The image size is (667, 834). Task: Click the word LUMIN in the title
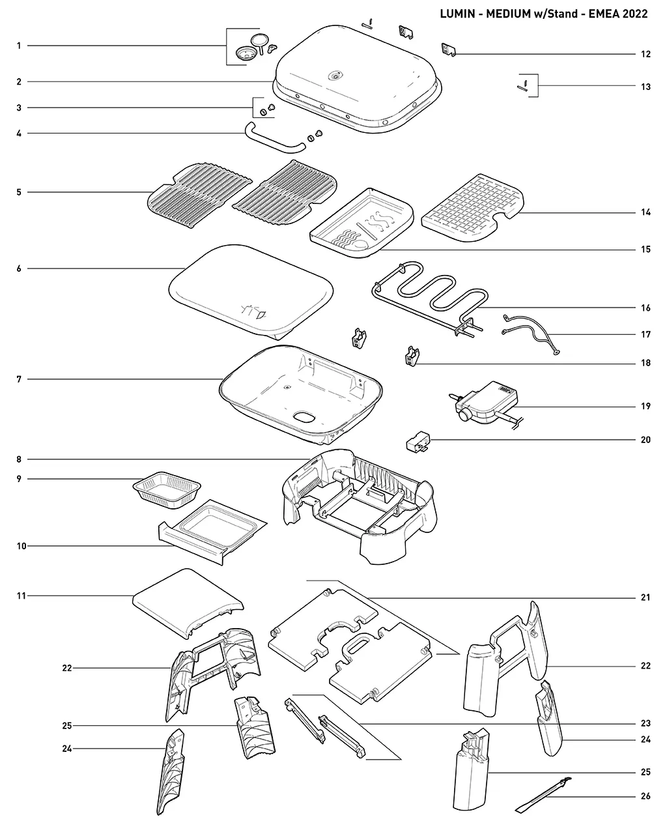tap(457, 14)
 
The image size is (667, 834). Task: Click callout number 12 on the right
tap(646, 54)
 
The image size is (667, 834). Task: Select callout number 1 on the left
tap(19, 46)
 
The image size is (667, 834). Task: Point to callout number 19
tap(646, 406)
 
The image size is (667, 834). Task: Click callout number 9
tap(19, 479)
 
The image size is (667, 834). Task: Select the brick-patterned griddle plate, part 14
tap(473, 208)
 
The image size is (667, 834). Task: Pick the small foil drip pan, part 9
tap(167, 489)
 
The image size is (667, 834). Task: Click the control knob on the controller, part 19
tap(464, 415)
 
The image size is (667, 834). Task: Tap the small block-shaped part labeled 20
tap(418, 441)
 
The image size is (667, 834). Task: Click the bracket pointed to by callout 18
tap(412, 356)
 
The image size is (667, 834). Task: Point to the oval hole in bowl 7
tap(305, 417)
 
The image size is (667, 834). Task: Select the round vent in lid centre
tap(334, 76)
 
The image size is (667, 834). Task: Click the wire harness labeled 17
tap(531, 334)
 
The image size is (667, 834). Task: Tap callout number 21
tap(646, 597)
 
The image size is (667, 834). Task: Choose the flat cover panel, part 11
tap(188, 603)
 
